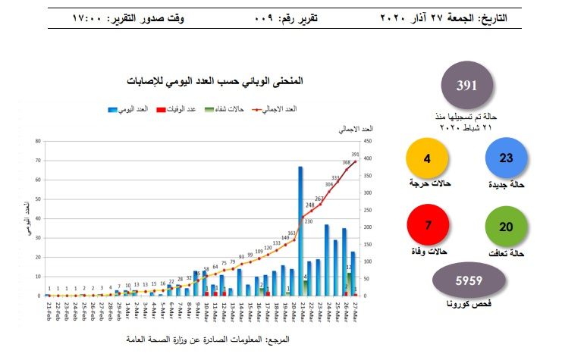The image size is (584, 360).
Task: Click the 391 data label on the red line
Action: click(x=356, y=155)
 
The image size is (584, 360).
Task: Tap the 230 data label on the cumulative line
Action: click(x=309, y=221)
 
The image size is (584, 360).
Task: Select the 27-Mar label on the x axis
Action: click(x=354, y=311)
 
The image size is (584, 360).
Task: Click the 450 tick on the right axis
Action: click(x=367, y=141)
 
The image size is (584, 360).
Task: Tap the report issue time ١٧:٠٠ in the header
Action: click(x=90, y=17)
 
